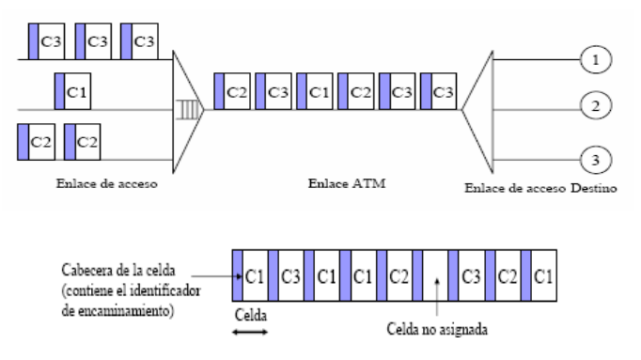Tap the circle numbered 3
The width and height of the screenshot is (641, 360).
pos(595,157)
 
